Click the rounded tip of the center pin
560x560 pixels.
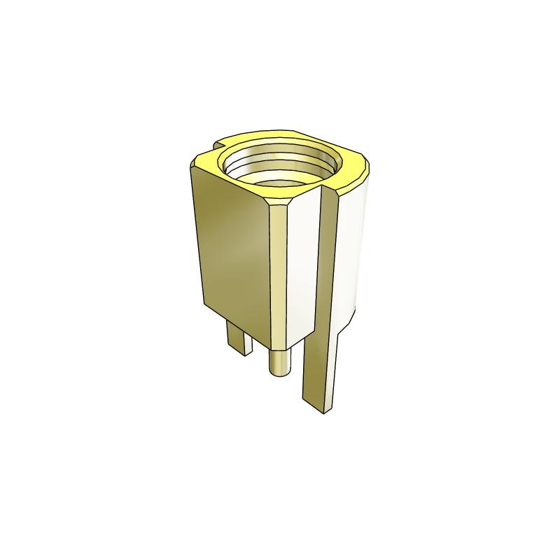click(x=279, y=368)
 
